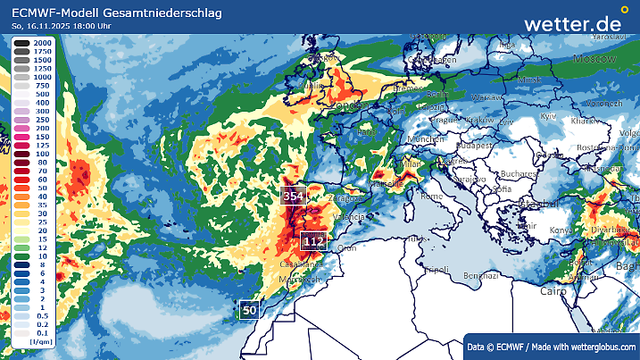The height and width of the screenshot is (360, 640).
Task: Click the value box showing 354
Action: (293, 196)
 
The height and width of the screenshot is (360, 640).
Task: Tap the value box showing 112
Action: (313, 241)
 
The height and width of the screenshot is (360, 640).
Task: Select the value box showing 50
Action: (250, 310)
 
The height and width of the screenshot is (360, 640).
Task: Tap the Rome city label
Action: (431, 196)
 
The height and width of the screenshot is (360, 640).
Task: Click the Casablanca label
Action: (303, 265)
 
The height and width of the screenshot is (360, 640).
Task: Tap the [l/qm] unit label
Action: (39, 341)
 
